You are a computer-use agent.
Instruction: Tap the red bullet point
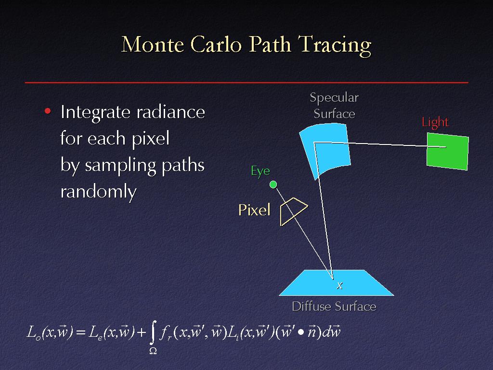pos(48,111)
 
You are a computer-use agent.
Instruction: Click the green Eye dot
pos(273,185)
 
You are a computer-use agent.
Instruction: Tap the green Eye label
pos(260,172)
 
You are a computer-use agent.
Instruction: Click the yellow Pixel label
pos(254,210)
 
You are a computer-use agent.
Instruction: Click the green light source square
pos(447,151)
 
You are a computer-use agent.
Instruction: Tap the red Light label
pos(435,122)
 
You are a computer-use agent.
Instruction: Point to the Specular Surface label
pos(334,106)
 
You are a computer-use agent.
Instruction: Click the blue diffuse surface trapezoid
pos(336,283)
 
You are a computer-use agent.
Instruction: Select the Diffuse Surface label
pos(334,306)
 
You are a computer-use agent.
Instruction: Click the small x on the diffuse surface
pos(339,286)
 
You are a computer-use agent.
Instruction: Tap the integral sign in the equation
pos(153,333)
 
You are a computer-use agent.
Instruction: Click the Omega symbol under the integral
pos(153,351)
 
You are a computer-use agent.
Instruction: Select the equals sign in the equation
pos(81,332)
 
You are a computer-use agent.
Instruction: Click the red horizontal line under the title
pos(246,82)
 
